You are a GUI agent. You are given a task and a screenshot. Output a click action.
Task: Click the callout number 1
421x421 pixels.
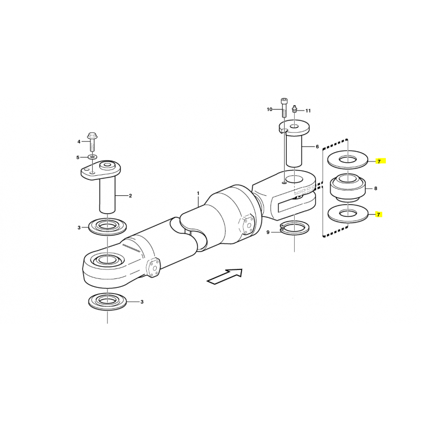[198, 193]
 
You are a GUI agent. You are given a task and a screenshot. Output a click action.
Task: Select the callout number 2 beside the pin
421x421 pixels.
[131, 196]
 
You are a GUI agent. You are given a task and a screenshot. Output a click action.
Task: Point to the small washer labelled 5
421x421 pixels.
[93, 157]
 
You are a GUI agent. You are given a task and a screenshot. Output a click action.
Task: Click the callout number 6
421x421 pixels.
[317, 147]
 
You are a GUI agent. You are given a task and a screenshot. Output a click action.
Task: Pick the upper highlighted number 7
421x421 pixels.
[379, 162]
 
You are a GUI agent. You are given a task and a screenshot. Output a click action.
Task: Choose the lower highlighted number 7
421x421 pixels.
[379, 215]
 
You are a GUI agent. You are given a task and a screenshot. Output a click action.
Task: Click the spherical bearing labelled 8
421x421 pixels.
[348, 188]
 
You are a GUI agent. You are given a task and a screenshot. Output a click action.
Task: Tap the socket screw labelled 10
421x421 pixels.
[284, 108]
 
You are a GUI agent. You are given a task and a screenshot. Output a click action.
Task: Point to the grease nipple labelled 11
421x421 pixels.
[295, 109]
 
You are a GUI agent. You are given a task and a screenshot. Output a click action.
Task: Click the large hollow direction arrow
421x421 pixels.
[225, 277]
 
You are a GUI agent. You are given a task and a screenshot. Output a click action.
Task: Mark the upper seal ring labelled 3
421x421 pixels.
[107, 227]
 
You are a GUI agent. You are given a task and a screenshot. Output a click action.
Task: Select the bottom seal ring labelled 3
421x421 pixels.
[107, 302]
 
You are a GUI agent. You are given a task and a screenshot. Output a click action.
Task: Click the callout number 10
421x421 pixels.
[269, 109]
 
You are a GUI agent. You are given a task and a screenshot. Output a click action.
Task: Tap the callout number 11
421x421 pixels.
[308, 111]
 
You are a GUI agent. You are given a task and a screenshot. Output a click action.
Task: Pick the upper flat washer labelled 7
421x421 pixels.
[348, 159]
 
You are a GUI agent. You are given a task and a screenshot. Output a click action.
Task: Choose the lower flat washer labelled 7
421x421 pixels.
[348, 214]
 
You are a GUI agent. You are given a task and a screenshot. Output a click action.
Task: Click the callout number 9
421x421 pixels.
[268, 232]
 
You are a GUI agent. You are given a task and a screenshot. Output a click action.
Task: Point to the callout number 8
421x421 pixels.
[376, 188]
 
